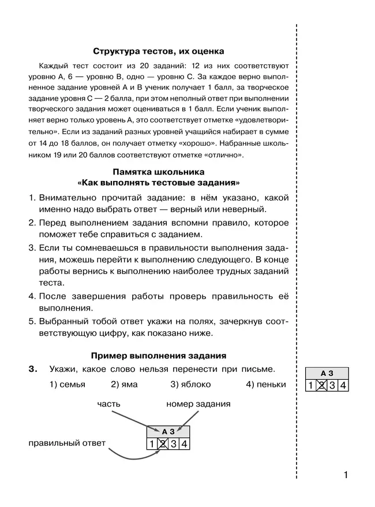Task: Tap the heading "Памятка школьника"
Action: point(159,172)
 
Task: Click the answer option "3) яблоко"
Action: point(190,384)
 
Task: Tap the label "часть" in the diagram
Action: point(108,404)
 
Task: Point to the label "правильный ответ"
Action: point(67,443)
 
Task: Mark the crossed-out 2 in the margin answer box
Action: point(322,386)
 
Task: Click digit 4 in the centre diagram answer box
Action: point(184,444)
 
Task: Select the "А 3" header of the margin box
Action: point(327,373)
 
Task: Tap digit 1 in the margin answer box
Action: point(311,386)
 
